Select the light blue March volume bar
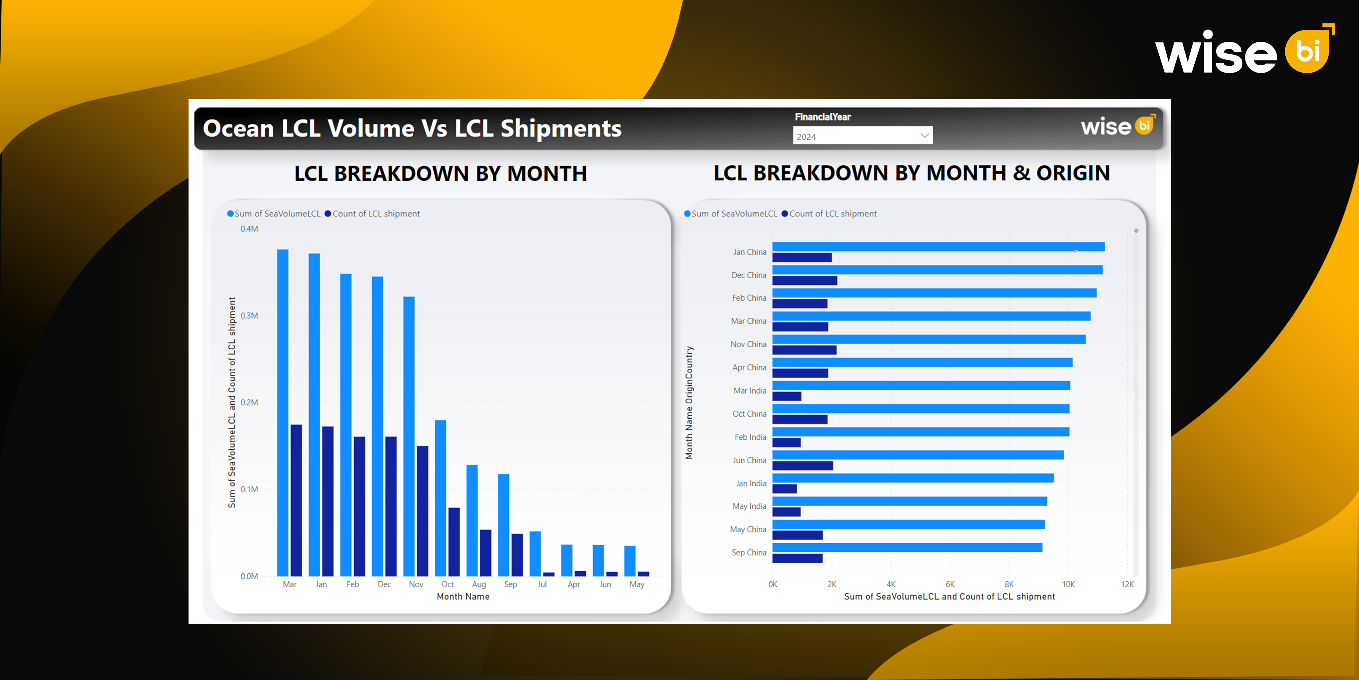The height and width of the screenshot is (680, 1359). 283,412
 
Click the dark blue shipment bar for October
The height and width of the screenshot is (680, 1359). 454,541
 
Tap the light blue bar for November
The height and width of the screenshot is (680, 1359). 409,435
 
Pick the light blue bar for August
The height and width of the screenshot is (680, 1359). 472,520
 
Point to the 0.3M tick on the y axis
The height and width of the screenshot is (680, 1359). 249,316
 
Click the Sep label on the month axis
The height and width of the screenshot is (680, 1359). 510,584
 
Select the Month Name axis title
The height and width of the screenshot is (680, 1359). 463,596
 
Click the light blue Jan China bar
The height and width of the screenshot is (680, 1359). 938,246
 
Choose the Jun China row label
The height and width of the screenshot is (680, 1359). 749,460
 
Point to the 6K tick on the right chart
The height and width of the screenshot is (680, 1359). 950,584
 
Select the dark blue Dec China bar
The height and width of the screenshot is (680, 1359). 805,281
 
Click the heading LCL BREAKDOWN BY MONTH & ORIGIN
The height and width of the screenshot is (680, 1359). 912,173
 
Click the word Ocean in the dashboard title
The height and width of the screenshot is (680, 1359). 238,129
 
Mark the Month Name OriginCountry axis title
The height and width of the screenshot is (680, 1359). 689,402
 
